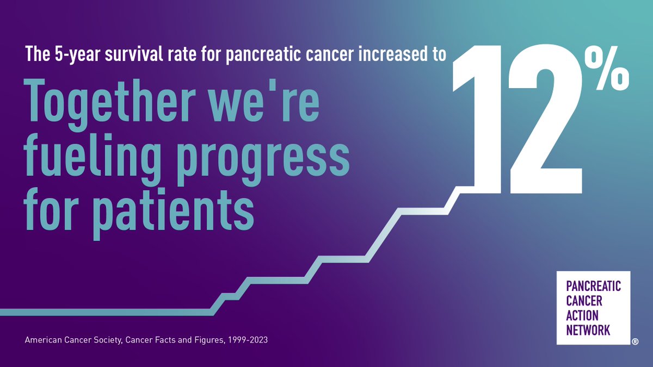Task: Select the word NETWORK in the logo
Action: click(x=588, y=329)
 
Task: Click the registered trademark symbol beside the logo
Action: click(x=634, y=342)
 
